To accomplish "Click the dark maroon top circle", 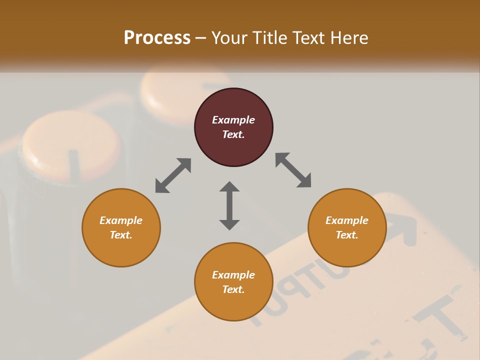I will point(233,127).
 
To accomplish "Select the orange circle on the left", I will point(121,228).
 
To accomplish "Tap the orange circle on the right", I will point(347,228).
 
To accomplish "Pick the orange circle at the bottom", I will point(233,282).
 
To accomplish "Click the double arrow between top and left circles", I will point(173,175).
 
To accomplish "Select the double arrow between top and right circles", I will point(293,170).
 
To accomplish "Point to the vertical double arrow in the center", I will point(229,205).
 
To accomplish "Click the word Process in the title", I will point(157,37).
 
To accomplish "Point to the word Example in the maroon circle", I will point(233,120).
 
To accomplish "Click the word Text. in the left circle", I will point(121,235).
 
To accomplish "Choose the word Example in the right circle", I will point(347,220).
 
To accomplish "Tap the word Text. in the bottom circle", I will point(233,289).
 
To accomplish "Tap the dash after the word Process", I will point(200,38).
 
